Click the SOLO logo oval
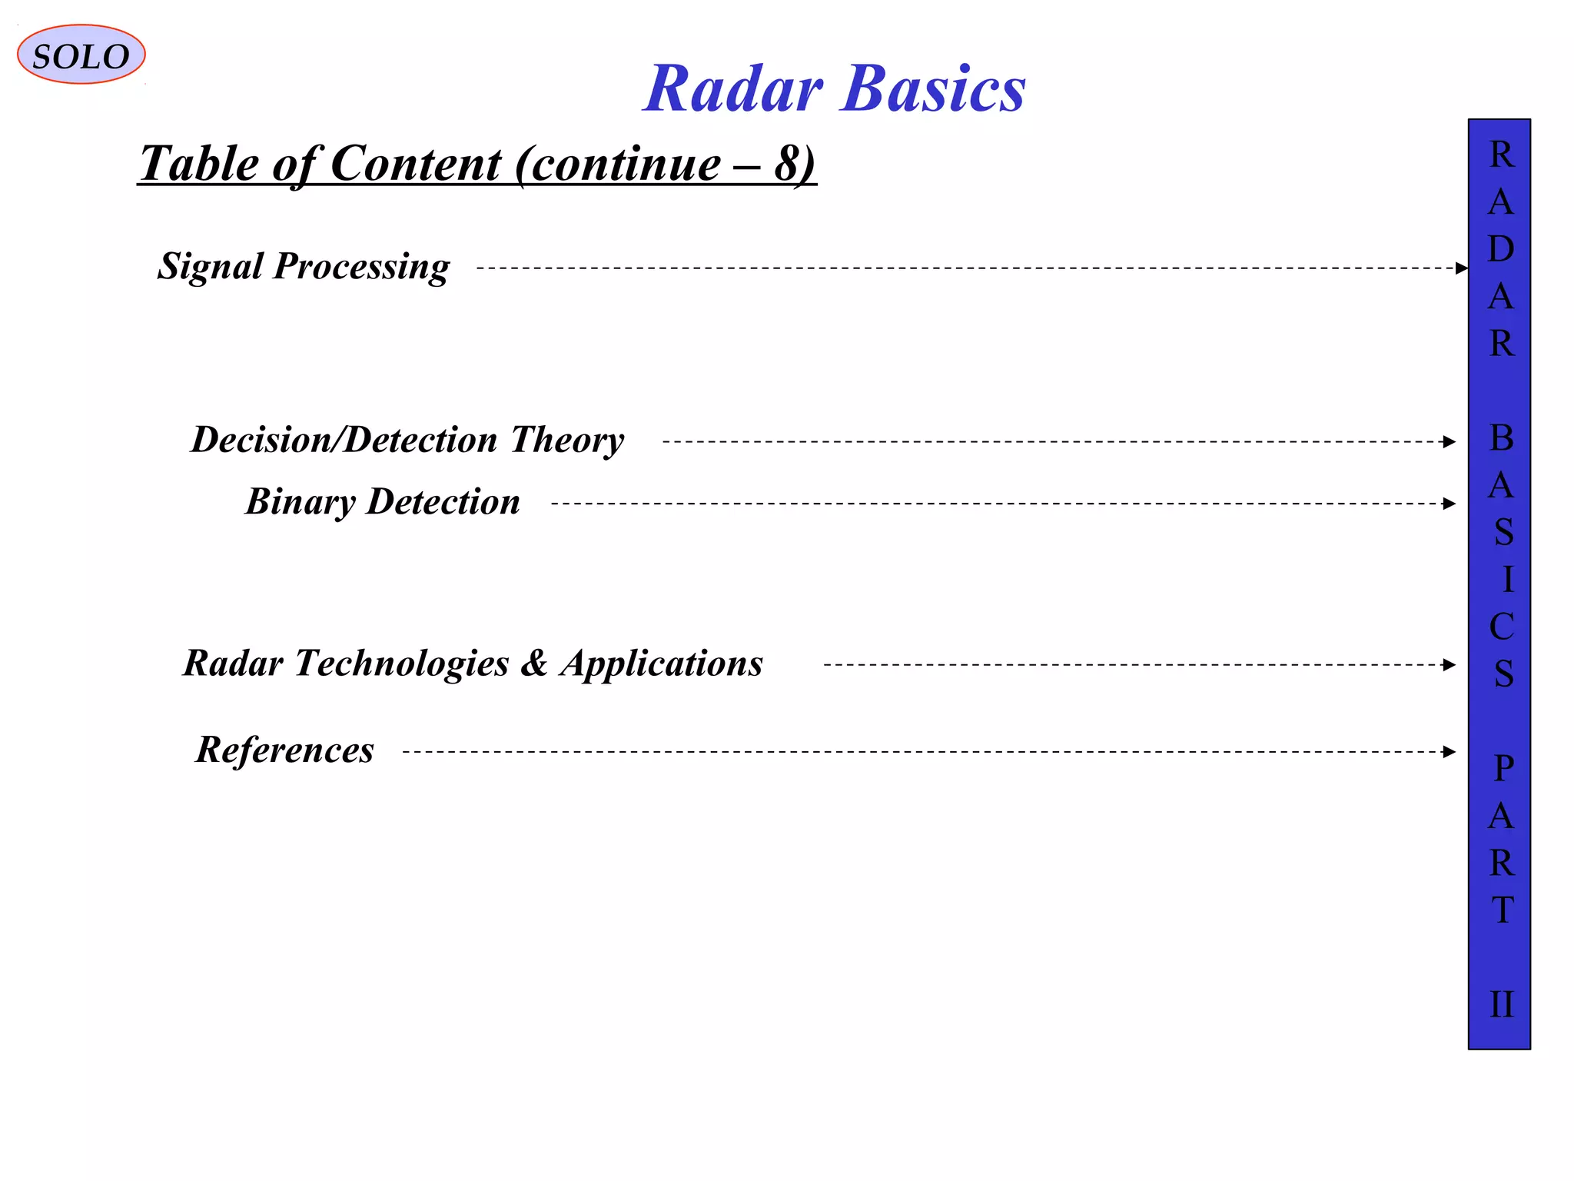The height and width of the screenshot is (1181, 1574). click(81, 55)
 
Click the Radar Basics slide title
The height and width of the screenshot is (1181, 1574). click(834, 88)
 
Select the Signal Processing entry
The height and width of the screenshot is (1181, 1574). click(304, 267)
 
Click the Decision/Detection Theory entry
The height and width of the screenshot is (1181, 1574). click(407, 440)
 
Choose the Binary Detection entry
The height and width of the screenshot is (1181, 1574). click(383, 502)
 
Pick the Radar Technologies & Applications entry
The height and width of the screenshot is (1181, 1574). click(473, 663)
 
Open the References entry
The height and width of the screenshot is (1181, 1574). click(284, 750)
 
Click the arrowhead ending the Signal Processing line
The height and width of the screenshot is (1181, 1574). click(1461, 268)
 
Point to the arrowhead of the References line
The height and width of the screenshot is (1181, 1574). click(1449, 752)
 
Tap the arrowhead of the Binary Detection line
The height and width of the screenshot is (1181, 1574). click(1449, 504)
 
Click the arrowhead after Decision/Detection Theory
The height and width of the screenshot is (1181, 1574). click(1449, 442)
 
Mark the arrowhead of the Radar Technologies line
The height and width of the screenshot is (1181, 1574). click(1449, 665)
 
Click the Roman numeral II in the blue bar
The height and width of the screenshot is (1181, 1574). click(1501, 1005)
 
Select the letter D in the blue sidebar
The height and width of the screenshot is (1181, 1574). click(1501, 249)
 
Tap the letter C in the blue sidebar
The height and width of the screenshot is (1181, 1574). click(1501, 627)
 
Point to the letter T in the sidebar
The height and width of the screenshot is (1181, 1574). click(1503, 910)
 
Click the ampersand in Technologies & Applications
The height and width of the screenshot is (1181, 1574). click(534, 663)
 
